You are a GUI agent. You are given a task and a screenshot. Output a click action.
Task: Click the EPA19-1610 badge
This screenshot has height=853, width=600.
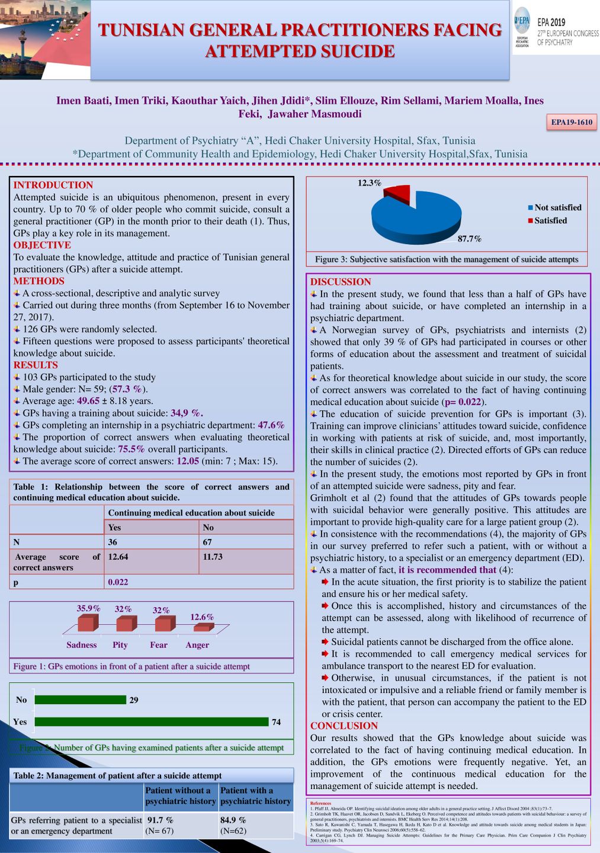[572, 122]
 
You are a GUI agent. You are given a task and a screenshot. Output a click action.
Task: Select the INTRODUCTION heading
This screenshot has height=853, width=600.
[53, 185]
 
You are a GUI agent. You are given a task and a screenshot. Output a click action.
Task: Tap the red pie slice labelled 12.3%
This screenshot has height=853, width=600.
[399, 192]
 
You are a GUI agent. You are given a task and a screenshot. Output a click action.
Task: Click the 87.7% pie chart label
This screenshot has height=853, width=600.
[469, 239]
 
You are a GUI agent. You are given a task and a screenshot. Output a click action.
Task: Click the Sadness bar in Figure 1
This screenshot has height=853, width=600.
[86, 623]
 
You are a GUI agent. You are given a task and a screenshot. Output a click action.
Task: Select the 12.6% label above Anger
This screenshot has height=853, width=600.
[202, 617]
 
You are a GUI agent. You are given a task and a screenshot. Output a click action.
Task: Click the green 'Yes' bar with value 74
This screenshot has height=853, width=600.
[151, 721]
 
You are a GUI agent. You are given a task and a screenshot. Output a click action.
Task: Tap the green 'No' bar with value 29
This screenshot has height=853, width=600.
[81, 700]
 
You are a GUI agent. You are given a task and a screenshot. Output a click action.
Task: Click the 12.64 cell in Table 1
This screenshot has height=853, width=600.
[118, 557]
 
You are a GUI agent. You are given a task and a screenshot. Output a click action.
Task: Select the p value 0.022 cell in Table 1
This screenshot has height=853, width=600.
[118, 582]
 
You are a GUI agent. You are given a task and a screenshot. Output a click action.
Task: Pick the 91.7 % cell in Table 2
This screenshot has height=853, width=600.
[160, 820]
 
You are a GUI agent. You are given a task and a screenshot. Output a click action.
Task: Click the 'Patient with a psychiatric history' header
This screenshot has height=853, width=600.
[255, 796]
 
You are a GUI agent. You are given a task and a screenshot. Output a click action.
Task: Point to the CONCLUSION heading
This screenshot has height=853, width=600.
[344, 726]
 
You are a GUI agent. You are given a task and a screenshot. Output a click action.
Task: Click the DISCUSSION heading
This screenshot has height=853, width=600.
[341, 282]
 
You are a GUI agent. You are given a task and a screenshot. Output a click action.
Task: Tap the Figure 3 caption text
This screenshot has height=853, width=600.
[447, 259]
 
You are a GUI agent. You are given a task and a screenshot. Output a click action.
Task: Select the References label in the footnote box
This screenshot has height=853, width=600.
[320, 803]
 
